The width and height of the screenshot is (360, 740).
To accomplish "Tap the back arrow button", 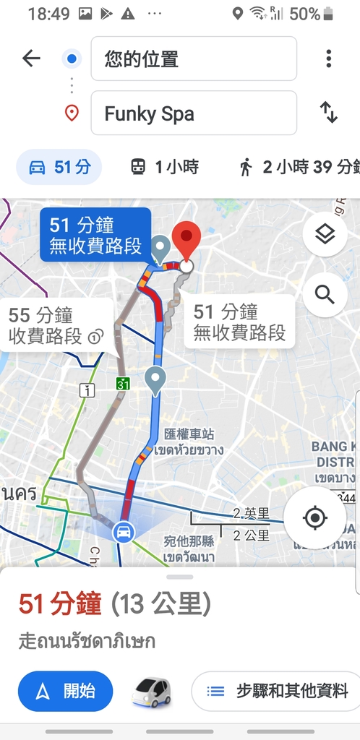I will pos(31,59).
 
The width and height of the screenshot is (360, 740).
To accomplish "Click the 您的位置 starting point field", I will pos(193,59).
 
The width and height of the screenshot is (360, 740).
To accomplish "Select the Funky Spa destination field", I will pos(193,113).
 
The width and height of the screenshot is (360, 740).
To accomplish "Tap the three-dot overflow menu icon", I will pos(328,59).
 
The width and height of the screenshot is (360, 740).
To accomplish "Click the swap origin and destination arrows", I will pos(328,113).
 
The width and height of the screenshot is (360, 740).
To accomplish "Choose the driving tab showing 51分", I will pos(59,168).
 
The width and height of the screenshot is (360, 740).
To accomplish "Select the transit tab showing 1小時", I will pos(164,168).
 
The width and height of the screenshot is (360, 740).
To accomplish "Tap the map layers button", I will pos(325,235).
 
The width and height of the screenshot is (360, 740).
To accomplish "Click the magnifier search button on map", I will pos(325,294).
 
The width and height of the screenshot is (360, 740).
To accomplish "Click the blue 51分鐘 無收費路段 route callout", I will pos(95,235).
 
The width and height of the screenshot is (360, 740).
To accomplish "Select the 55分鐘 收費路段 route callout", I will pos(55,325).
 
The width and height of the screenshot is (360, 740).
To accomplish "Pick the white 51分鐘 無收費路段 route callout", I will pos(239,322).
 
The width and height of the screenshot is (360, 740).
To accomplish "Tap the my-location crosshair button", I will pos(314,518).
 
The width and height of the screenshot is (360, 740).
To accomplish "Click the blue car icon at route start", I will pos(124,532).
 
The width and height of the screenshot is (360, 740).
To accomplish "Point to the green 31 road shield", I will pos(123,383).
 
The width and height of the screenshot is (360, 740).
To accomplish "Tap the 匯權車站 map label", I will pos(189,435).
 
